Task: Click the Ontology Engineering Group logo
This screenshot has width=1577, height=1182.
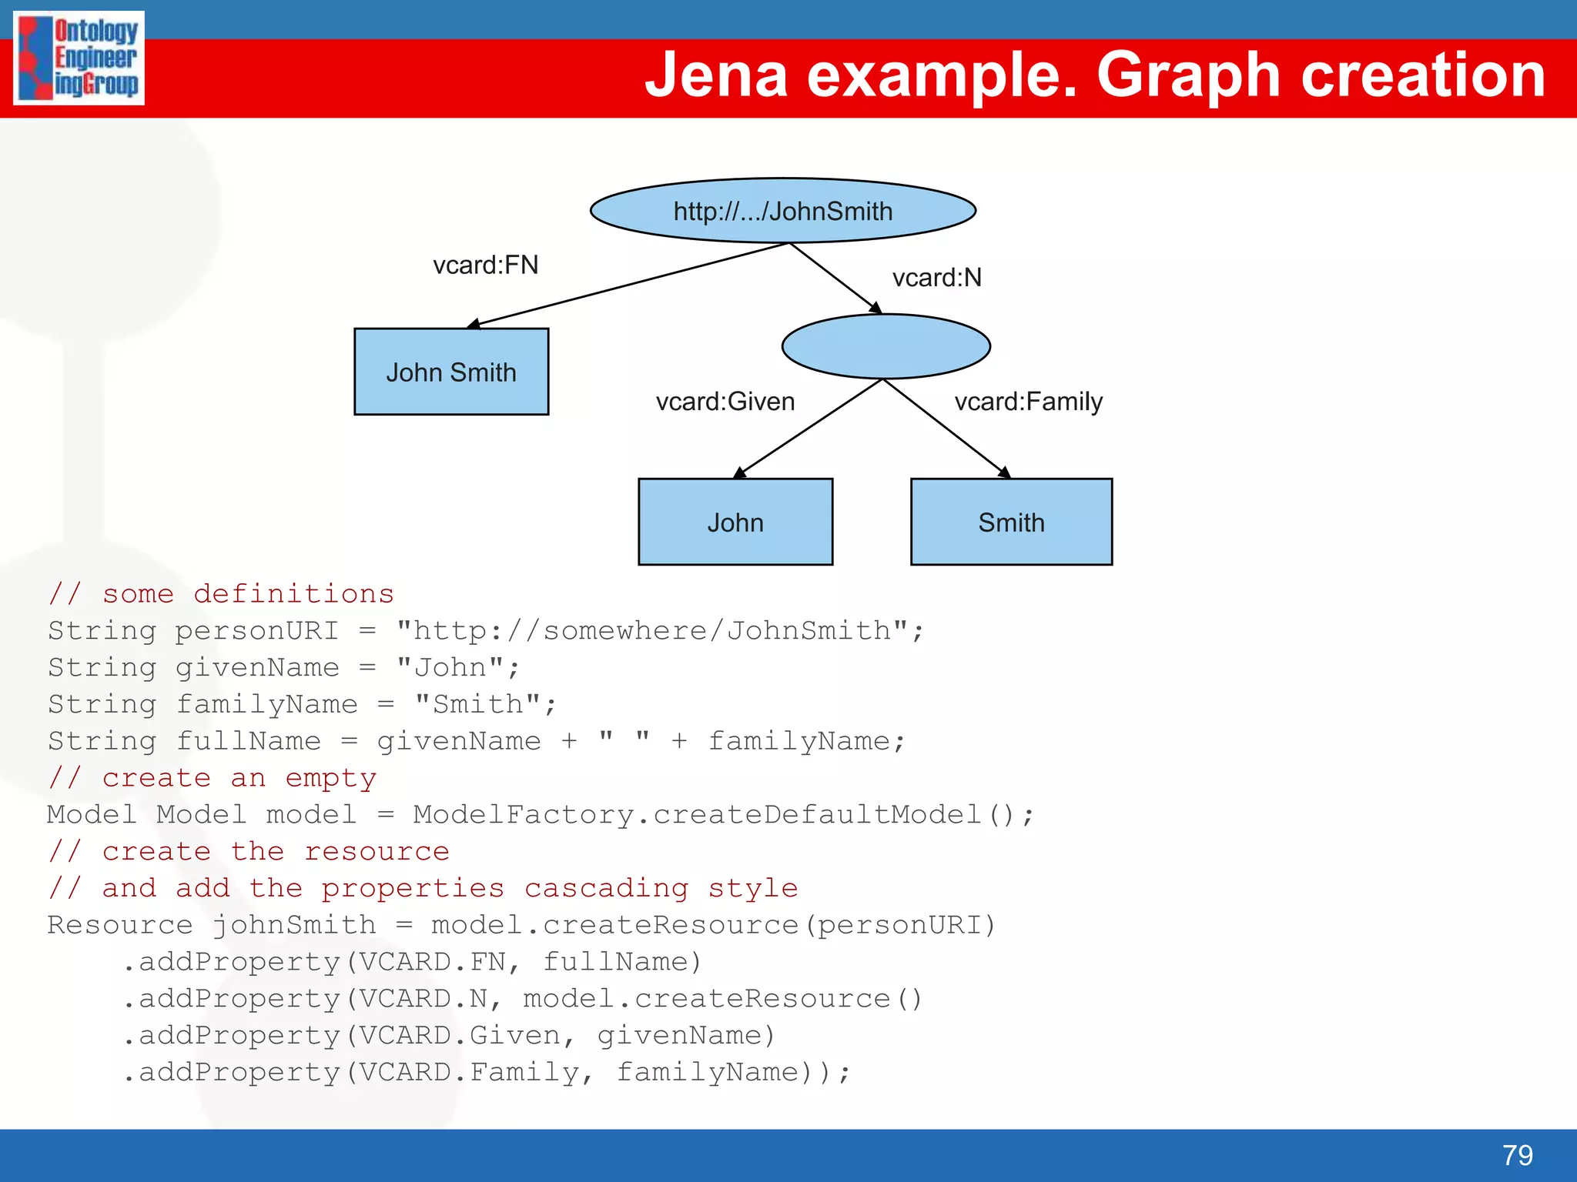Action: coord(79,58)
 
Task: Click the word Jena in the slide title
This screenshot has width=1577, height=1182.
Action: coord(716,75)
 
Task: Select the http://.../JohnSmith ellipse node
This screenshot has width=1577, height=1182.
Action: coord(782,211)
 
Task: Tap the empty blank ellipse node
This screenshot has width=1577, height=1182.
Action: coord(886,346)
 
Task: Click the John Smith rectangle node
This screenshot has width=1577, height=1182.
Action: coord(451,372)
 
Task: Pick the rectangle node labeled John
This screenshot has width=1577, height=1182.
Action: coord(735,522)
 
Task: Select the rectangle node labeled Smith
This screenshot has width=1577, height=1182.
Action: coord(1011,522)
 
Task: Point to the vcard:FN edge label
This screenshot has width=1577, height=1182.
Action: coord(485,265)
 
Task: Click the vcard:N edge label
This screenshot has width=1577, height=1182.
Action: coord(936,278)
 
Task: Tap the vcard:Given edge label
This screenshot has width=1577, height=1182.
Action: coord(725,402)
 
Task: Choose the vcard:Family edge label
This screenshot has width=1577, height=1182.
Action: coord(1028,402)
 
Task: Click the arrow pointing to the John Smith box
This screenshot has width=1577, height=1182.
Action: coord(628,284)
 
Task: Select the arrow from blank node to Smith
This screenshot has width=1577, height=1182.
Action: coord(946,428)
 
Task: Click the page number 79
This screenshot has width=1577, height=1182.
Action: coord(1517,1155)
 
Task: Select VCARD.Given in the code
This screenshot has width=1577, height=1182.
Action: coord(460,1036)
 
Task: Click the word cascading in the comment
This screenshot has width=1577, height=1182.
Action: coord(606,888)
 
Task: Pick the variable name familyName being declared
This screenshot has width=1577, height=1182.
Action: coord(266,704)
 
